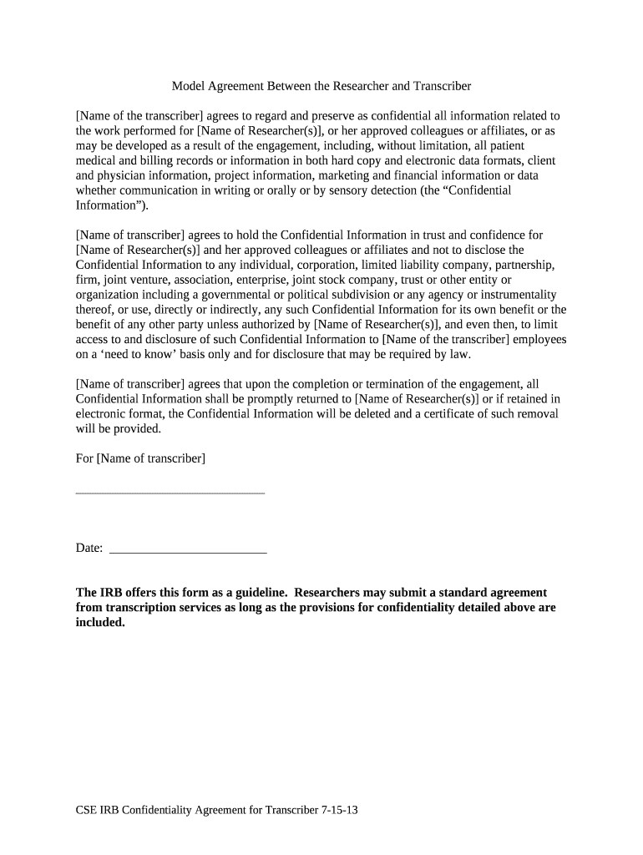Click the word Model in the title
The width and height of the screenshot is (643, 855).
(189, 86)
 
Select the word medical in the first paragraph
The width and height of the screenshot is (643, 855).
(97, 161)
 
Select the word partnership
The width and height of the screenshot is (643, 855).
(519, 265)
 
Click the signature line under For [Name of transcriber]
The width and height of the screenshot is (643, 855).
(170, 493)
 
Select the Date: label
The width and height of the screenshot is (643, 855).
(89, 548)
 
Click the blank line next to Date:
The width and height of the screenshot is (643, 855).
(189, 553)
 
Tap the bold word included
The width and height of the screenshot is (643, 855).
(100, 622)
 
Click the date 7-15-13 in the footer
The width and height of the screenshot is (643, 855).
(340, 811)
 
